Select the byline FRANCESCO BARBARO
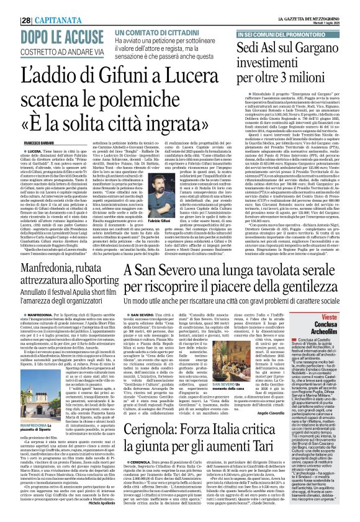(27, 141)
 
